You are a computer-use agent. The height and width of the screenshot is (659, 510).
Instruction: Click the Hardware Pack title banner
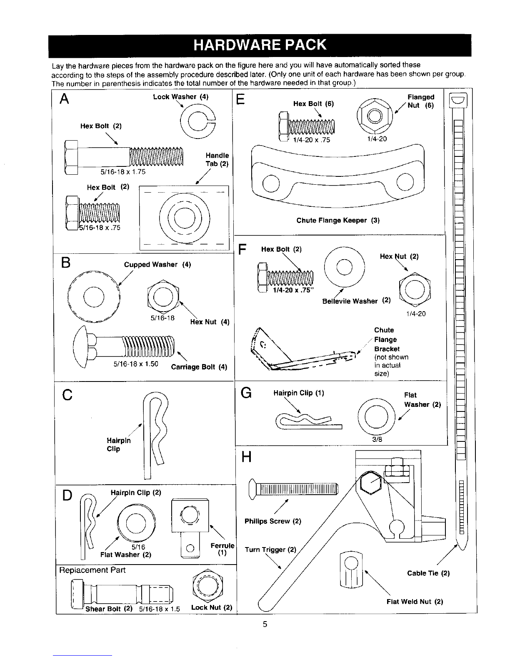coord(260,45)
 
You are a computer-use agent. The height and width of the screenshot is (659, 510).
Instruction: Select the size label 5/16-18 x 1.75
coord(123,172)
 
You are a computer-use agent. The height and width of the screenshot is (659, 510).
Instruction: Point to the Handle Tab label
coord(217,159)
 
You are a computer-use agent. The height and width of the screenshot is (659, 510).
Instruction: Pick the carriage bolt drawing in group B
coord(124,346)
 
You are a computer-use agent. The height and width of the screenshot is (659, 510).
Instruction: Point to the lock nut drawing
coord(207,586)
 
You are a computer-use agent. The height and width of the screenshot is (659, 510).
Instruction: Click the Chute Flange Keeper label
coord(338,220)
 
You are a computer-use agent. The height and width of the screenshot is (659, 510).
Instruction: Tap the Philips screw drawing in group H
coord(293,489)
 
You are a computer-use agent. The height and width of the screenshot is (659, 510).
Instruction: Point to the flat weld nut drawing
coord(350,570)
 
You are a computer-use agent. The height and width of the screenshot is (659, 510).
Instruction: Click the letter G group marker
coord(246,393)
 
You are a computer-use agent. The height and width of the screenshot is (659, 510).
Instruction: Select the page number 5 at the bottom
coord(265,624)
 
